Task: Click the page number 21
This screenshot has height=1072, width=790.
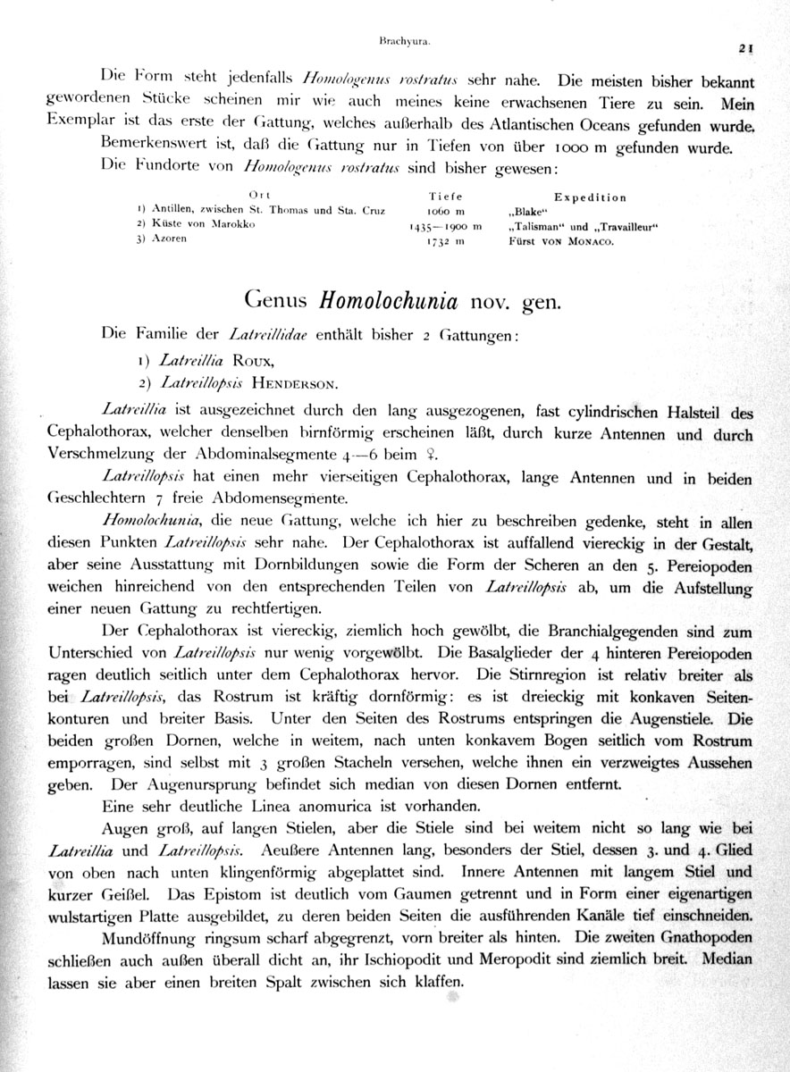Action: (x=747, y=50)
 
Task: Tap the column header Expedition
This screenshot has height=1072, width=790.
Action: (x=590, y=197)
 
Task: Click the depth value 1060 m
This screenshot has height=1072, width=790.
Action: (x=447, y=212)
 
